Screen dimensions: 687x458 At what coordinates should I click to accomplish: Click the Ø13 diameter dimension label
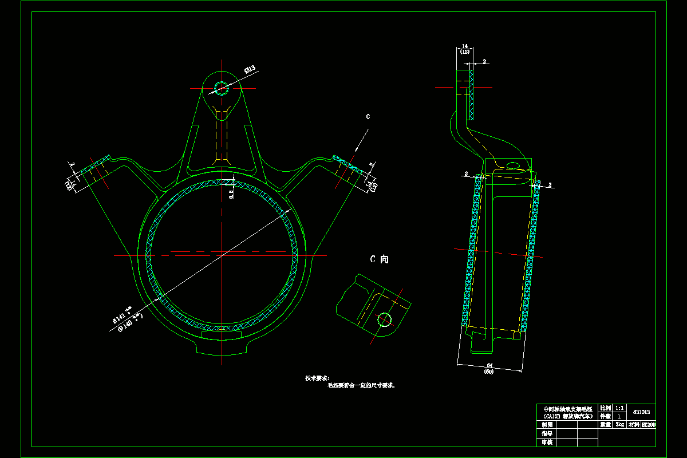[x=250, y=70]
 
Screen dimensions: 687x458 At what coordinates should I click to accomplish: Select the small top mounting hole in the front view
[x=221, y=88]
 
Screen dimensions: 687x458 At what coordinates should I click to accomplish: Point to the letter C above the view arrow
[x=368, y=117]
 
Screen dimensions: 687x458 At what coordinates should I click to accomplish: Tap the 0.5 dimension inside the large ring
[x=231, y=194]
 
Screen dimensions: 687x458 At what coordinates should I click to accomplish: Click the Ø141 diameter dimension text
[x=121, y=317]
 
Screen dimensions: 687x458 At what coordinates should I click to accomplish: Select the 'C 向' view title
[x=379, y=259]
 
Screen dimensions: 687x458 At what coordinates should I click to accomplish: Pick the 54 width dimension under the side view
[x=489, y=365]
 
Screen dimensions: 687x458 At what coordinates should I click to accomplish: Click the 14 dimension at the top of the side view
[x=464, y=45]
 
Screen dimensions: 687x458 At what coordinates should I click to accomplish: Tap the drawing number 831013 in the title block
[x=641, y=412]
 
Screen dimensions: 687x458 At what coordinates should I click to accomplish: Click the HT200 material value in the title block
[x=649, y=425]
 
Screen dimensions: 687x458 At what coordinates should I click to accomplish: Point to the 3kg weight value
[x=619, y=425]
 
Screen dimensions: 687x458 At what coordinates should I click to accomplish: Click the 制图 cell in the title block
[x=547, y=425]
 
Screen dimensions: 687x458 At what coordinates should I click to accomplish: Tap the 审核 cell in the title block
[x=547, y=442]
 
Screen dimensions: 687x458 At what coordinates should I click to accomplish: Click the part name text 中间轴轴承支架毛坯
[x=566, y=409]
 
